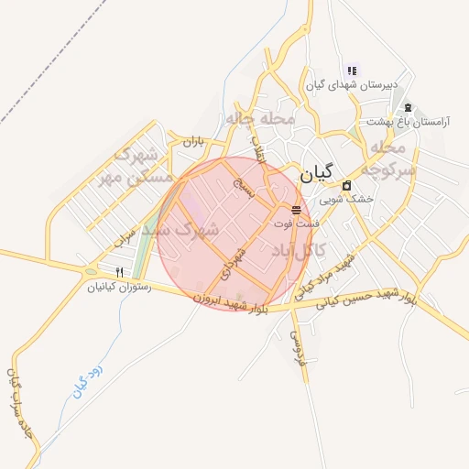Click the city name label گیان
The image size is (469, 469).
pyautogui.click(x=316, y=171)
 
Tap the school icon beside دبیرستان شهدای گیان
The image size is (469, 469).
pyautogui.click(x=351, y=71)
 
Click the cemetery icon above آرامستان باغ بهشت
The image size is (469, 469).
pyautogui.click(x=408, y=107)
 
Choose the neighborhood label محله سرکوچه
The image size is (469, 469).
pyautogui.click(x=388, y=158)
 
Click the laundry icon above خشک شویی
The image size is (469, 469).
pyautogui.click(x=346, y=186)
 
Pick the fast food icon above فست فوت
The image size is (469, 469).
pyautogui.click(x=295, y=210)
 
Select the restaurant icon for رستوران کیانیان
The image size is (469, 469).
pyautogui.click(x=119, y=272)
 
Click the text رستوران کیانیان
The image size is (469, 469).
pyautogui.click(x=116, y=287)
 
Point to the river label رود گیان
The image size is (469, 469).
pyautogui.click(x=89, y=376)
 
